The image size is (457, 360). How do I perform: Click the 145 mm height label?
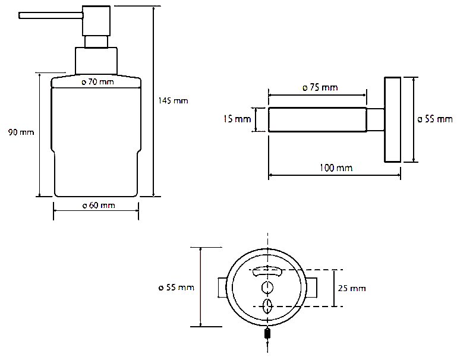click(173, 100)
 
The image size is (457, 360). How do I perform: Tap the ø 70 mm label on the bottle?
click(97, 81)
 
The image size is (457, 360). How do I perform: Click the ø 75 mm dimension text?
click(320, 87)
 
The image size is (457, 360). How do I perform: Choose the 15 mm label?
click(237, 119)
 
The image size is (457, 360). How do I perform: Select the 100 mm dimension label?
click(336, 168)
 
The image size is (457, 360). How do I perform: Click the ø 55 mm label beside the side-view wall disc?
click(435, 119)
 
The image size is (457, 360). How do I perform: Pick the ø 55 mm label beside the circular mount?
click(177, 288)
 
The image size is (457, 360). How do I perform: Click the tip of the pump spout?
click(21, 16)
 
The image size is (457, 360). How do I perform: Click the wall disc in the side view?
click(392, 119)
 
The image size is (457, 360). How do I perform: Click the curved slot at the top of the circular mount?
click(269, 271)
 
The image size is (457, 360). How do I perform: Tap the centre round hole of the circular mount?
click(269, 288)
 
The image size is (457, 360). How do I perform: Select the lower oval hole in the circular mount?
click(269, 307)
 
